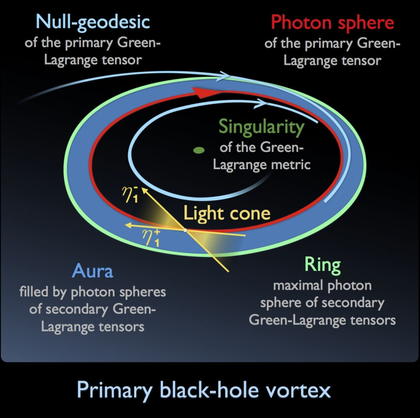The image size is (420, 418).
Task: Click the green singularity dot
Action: (x=199, y=150)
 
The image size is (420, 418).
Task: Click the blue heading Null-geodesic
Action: (x=92, y=23)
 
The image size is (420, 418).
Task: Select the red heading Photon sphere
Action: (x=332, y=23)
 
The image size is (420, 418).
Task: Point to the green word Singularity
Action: (x=262, y=127)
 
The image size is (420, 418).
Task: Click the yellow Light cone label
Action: (x=227, y=213)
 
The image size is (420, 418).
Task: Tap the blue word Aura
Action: (x=92, y=271)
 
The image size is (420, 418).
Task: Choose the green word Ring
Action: (x=323, y=265)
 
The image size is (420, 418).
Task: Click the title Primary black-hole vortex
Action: (x=204, y=390)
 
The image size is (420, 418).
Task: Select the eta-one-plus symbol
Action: (x=151, y=238)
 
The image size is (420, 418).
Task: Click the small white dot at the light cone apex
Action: (x=185, y=230)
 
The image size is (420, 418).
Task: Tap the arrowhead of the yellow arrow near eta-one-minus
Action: (x=145, y=190)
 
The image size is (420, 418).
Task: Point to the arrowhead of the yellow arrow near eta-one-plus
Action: (x=129, y=225)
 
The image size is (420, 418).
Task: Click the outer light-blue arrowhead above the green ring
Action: (x=224, y=76)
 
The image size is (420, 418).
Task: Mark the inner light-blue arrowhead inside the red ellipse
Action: (x=261, y=103)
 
